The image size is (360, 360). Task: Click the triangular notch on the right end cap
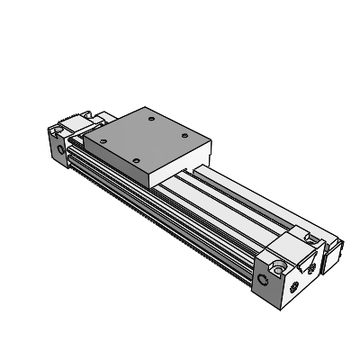pyautogui.click(x=310, y=266)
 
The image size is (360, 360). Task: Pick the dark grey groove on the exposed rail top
pyautogui.click(x=234, y=198)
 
